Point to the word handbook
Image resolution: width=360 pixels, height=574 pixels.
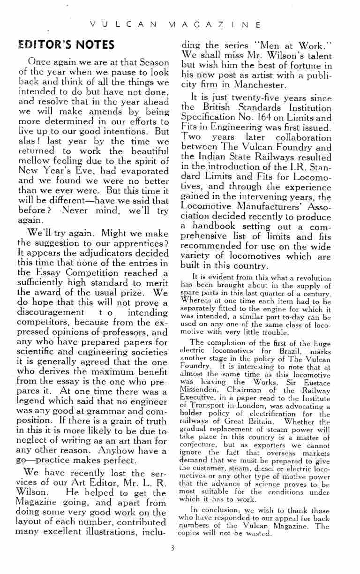pyautogui.click(x=215, y=226)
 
